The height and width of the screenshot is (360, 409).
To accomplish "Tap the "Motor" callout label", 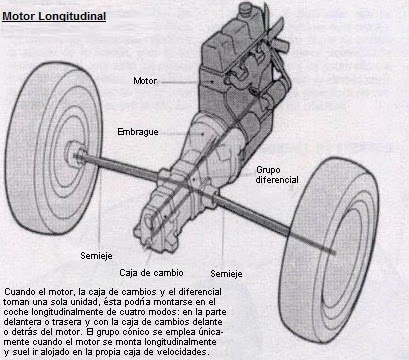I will (x=146, y=79).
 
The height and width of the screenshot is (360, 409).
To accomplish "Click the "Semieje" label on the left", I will (x=96, y=254).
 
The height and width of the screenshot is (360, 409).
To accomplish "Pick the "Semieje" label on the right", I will (x=226, y=272).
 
